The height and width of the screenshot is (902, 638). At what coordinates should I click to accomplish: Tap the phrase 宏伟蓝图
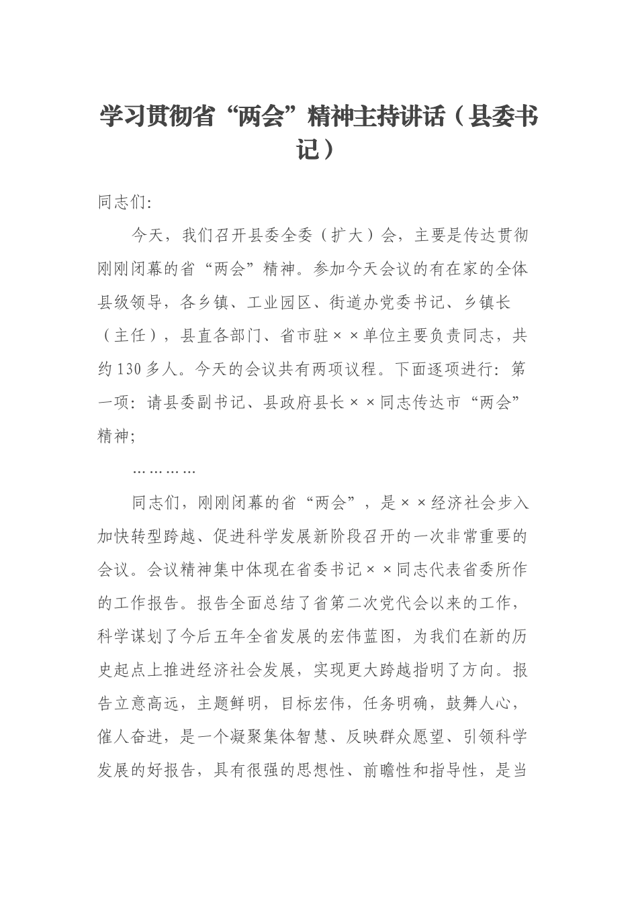tap(371, 636)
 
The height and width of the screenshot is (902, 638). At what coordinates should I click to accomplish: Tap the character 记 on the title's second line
tap(309, 149)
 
